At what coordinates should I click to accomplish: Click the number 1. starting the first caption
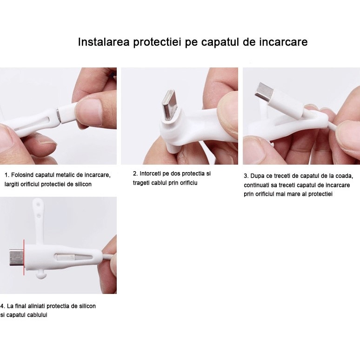(x=7, y=175)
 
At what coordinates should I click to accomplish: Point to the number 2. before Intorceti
(x=135, y=173)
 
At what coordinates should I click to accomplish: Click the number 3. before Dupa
(x=246, y=176)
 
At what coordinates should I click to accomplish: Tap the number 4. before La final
(x=3, y=306)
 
